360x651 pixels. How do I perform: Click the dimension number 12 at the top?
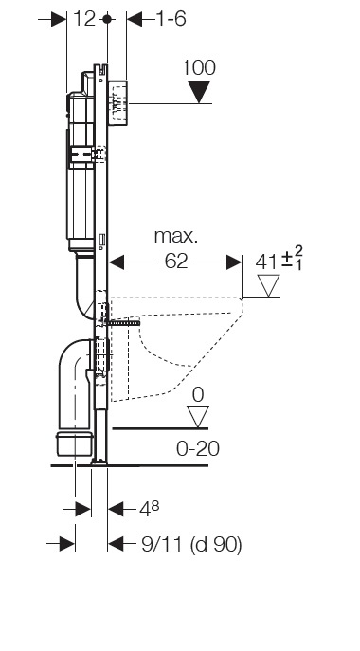click(84, 19)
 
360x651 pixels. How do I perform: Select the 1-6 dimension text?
click(171, 19)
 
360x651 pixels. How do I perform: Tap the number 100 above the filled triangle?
click(199, 67)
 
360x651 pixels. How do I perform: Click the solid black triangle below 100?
click(199, 92)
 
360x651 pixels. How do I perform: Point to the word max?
click(176, 236)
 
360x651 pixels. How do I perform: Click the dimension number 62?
click(176, 262)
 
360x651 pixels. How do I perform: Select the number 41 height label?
click(266, 262)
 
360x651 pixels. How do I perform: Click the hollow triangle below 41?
click(269, 285)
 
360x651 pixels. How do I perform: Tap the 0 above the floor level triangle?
click(198, 394)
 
